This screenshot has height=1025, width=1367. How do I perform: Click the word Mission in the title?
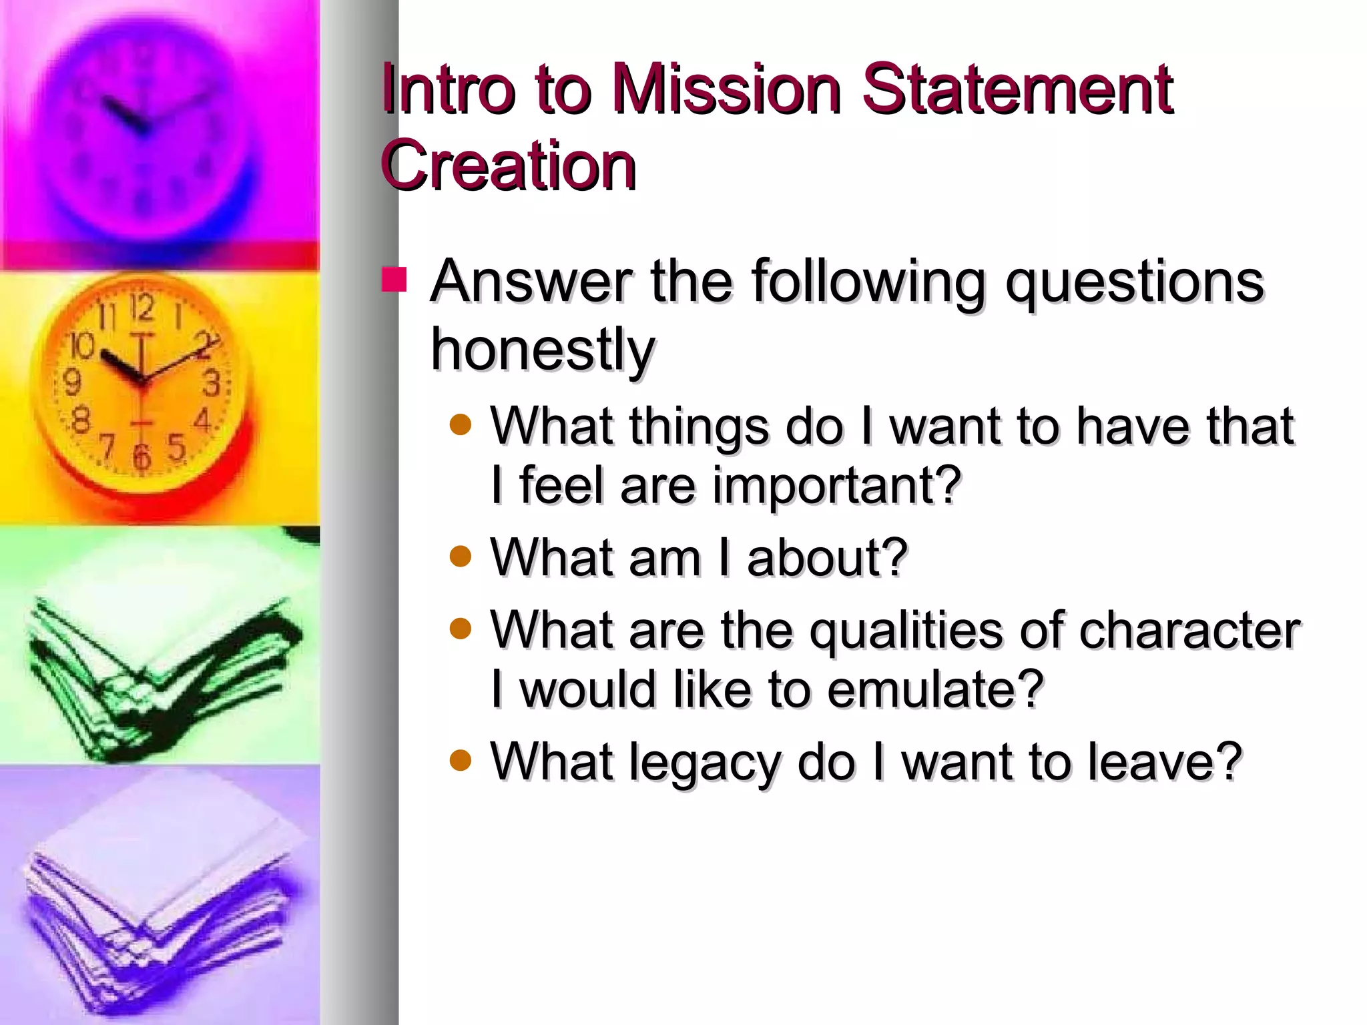(x=726, y=89)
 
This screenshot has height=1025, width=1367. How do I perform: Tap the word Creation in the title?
(x=509, y=165)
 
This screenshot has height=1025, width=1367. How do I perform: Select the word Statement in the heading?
(x=1017, y=89)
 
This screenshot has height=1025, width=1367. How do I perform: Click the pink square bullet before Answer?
(x=394, y=280)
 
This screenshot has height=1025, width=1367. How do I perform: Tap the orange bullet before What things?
(x=461, y=424)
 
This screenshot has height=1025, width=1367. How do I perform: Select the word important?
(x=837, y=486)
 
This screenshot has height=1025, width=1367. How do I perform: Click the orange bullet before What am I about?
(x=461, y=555)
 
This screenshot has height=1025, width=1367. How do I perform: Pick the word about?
(x=828, y=558)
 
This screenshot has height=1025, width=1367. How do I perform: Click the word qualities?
(x=905, y=631)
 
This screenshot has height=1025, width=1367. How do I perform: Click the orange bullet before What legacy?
(x=461, y=759)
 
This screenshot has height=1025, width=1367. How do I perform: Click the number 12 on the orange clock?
(x=142, y=308)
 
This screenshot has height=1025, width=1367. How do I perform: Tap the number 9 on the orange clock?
(x=71, y=382)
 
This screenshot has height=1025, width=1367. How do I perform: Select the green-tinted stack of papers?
(x=160, y=674)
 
